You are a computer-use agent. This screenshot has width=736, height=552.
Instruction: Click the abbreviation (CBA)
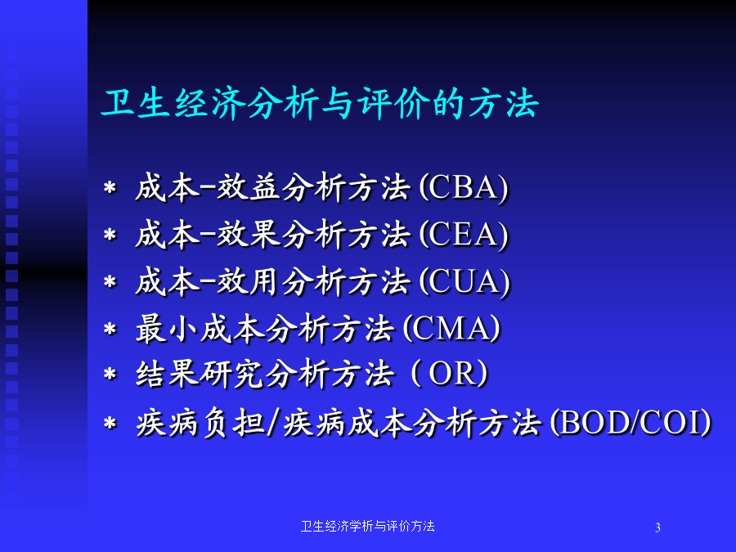point(464,188)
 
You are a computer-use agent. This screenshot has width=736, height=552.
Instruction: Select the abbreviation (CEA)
point(464,235)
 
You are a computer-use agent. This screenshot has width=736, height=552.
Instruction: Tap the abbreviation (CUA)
point(464,281)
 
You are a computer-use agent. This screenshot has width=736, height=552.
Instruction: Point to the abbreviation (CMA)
point(451,328)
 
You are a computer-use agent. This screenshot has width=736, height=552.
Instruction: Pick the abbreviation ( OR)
point(449,374)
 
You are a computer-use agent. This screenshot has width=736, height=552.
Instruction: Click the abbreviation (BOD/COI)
point(631,423)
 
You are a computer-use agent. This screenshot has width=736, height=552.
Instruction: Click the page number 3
point(657,527)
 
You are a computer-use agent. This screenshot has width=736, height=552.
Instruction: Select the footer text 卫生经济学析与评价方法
point(367,526)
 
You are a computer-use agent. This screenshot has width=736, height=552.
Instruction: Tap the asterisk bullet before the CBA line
point(110,188)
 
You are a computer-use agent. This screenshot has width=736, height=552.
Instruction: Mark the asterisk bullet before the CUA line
point(110,281)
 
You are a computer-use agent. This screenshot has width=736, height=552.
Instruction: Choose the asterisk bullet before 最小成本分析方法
point(110,329)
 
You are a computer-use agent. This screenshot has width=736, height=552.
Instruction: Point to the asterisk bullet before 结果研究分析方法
point(110,374)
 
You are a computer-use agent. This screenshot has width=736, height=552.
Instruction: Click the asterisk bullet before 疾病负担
point(110,423)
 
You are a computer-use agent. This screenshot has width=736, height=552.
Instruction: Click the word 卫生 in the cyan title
point(136,102)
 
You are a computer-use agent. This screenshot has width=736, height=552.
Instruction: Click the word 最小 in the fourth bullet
point(167,329)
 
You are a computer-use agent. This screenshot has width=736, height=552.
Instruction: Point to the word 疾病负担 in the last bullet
point(200,423)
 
